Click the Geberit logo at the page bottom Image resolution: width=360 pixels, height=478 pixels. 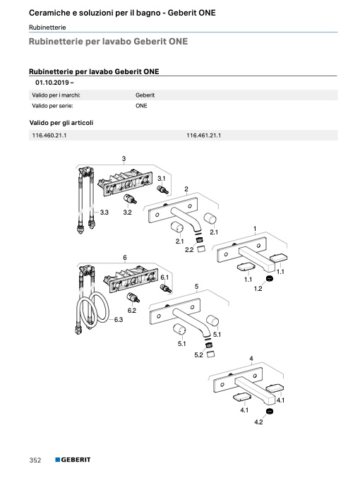(73, 460)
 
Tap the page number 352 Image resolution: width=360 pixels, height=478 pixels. (35, 460)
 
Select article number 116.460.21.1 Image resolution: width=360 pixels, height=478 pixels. (49, 136)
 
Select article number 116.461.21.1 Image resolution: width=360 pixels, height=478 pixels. (203, 136)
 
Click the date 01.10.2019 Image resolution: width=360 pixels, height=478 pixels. (52, 83)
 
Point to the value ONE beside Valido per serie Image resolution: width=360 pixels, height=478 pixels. (141, 106)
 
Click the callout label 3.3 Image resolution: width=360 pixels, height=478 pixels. (104, 213)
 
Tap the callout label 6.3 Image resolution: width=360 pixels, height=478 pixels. (119, 319)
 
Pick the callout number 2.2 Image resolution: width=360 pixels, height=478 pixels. (189, 249)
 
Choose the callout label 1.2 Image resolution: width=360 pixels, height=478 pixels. (258, 288)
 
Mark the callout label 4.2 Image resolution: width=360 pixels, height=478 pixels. (258, 422)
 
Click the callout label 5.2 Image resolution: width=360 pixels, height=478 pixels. (198, 355)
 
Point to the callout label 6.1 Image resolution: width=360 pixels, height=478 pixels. (164, 277)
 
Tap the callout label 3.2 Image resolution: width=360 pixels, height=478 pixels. (128, 213)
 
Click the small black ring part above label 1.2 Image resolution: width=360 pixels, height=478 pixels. (269, 278)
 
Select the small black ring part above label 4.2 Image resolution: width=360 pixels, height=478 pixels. (270, 411)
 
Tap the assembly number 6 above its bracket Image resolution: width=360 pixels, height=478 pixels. (125, 258)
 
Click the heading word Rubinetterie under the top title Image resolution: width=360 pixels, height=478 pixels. (47, 28)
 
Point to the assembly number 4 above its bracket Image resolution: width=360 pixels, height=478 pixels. (251, 359)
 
